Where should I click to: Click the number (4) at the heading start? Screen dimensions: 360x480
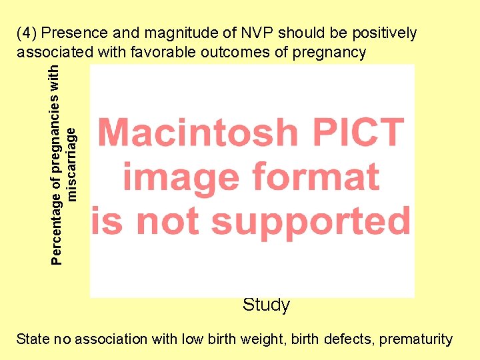[28, 33]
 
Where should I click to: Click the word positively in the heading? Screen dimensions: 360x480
[382, 33]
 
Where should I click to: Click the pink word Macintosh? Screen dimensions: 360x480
[198, 132]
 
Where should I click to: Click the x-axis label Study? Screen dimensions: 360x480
[266, 305]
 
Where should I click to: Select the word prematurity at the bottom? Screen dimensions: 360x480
[416, 339]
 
